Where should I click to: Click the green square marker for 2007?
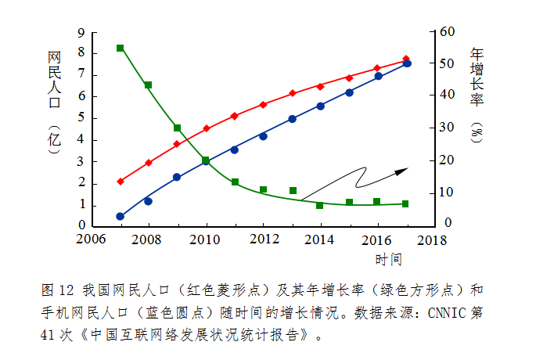[121, 49]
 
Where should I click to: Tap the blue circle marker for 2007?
[121, 216]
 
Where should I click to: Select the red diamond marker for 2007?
[121, 182]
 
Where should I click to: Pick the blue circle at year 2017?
[407, 63]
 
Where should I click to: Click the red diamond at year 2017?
[406, 59]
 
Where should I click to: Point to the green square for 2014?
[320, 205]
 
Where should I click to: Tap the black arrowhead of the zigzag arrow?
[401, 170]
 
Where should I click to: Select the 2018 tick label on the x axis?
[436, 239]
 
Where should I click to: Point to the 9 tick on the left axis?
[81, 34]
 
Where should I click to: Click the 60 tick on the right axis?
[447, 32]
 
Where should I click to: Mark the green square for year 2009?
[178, 128]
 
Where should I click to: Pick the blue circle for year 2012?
[264, 136]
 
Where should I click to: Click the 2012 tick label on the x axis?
[264, 239]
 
